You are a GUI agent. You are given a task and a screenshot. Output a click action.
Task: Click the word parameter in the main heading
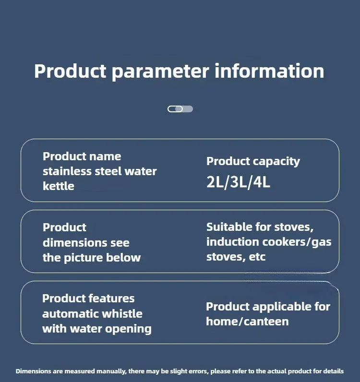[160, 72]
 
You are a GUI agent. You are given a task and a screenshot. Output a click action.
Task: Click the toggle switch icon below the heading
[180, 109]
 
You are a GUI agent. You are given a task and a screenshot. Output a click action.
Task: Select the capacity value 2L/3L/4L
[239, 182]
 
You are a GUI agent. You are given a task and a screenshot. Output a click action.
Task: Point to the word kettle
[59, 186]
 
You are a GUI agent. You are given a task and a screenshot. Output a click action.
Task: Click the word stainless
[67, 171]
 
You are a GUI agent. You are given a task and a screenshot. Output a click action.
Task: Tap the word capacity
[276, 162]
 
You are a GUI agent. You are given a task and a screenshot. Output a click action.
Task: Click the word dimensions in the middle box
[75, 243]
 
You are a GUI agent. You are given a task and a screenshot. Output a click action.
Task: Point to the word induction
[232, 242]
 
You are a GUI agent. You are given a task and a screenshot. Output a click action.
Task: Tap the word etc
[257, 257]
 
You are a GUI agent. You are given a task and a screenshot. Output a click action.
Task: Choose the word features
[111, 298]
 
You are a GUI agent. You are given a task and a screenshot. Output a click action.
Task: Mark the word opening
[128, 329]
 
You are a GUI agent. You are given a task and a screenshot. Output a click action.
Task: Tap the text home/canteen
[247, 322]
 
